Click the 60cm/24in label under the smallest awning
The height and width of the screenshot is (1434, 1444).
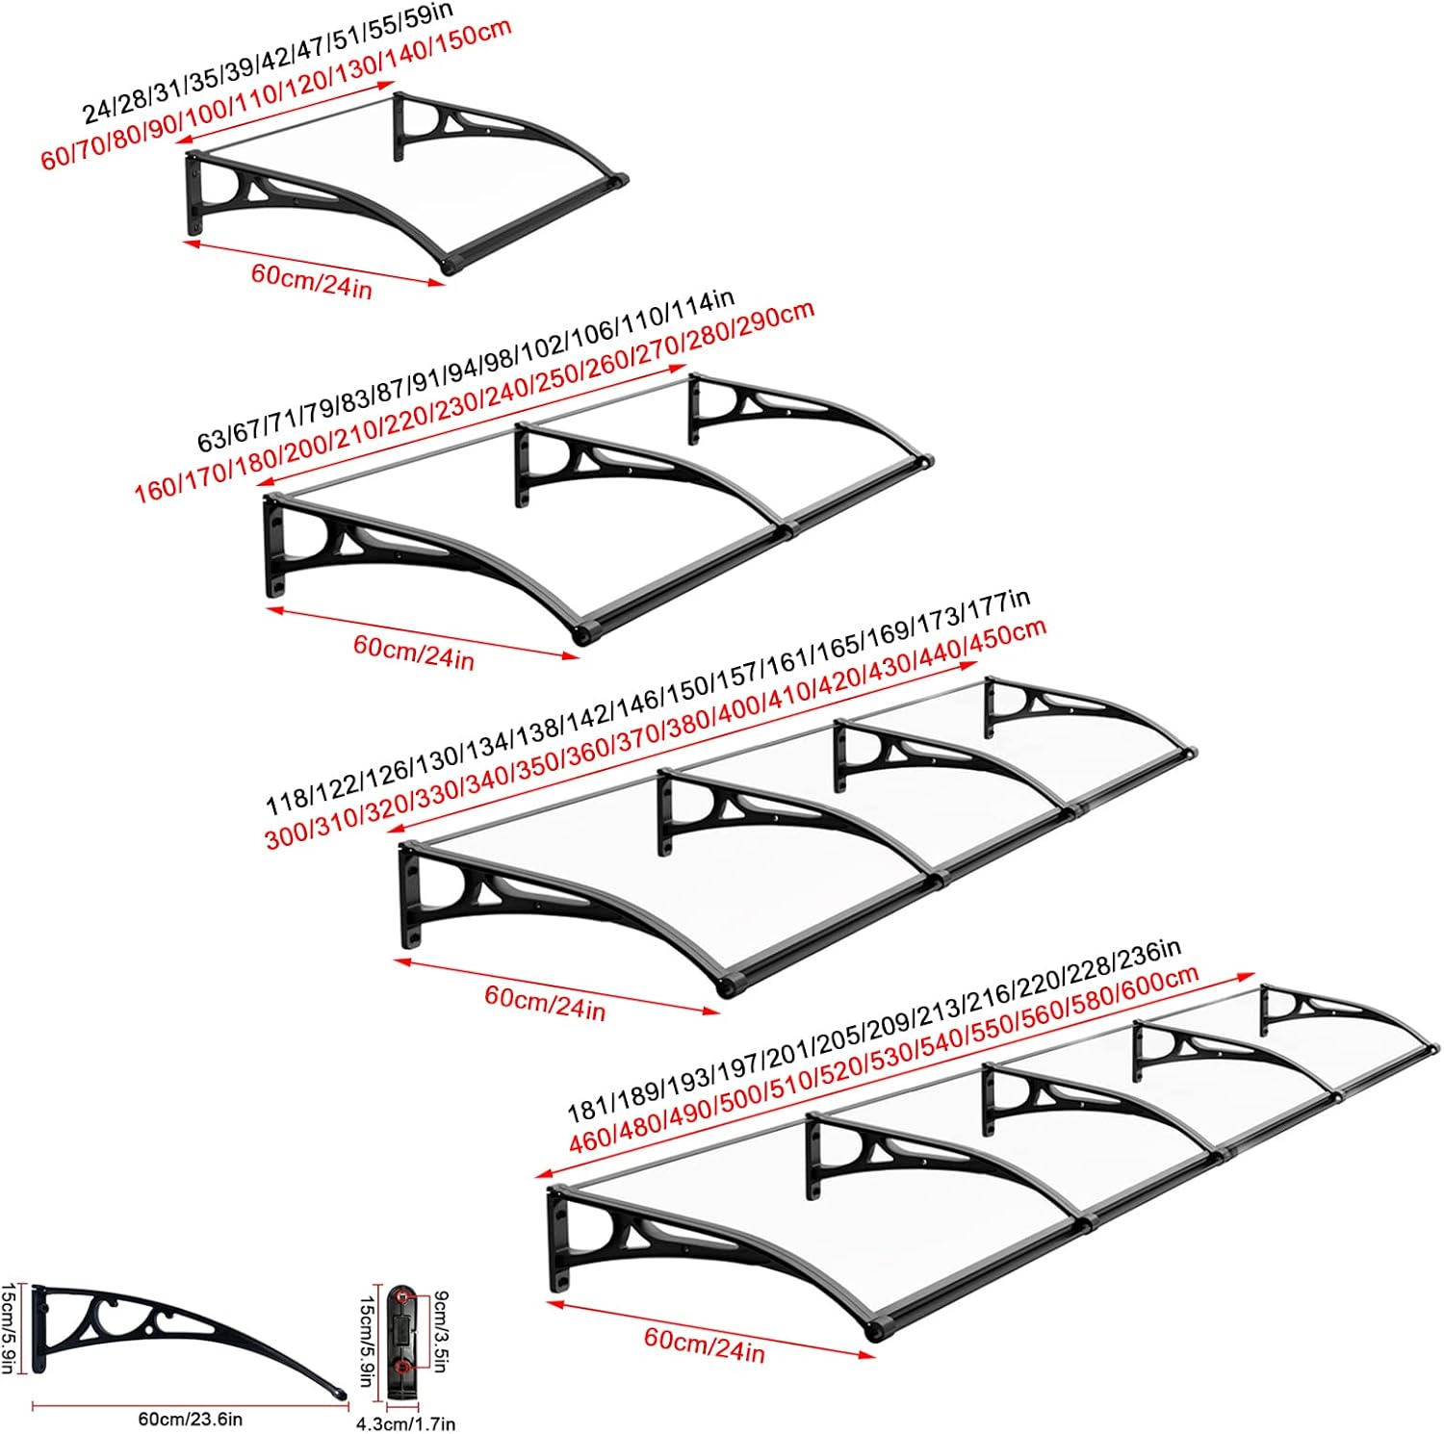click(x=311, y=280)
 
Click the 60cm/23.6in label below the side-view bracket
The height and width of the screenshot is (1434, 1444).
click(x=190, y=1419)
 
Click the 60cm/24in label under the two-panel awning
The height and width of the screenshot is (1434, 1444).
click(x=413, y=652)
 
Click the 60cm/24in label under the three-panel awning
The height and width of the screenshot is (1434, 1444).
click(x=544, y=1002)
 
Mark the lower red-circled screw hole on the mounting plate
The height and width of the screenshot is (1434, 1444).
click(x=401, y=1366)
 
